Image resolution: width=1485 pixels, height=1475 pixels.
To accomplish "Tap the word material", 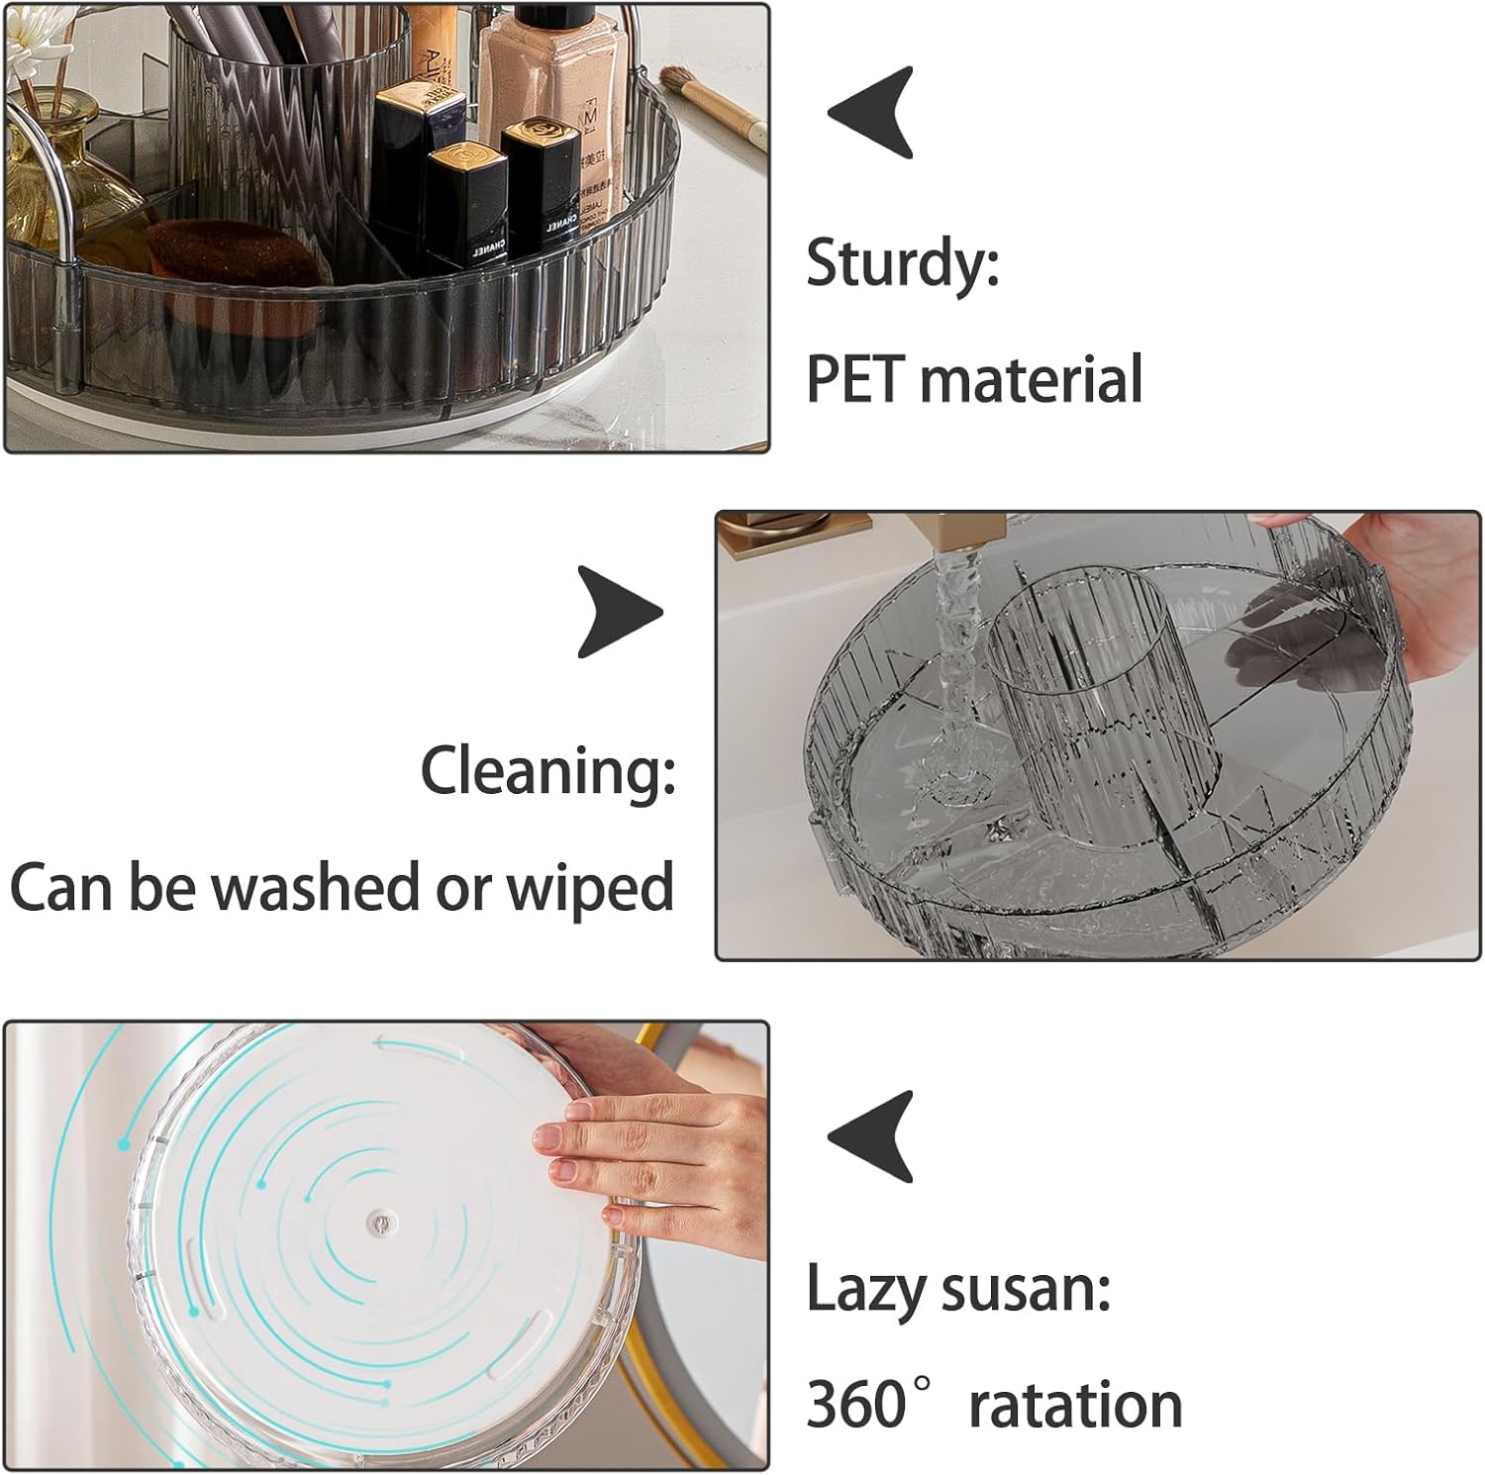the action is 1031,378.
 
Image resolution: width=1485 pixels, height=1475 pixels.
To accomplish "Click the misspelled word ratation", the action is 1075,1404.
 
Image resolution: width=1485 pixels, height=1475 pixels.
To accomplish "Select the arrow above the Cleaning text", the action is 621,611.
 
